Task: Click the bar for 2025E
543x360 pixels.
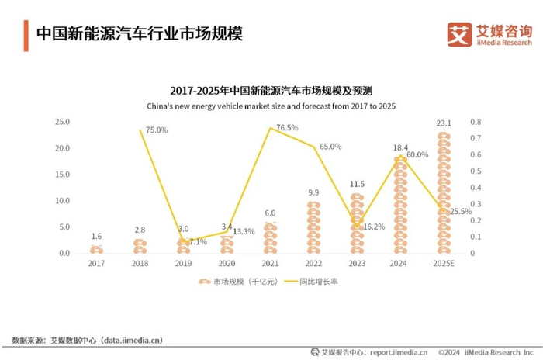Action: tap(444, 194)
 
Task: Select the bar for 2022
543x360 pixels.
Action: tap(313, 228)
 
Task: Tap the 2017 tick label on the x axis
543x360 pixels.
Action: tap(96, 263)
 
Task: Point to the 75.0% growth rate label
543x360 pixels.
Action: tap(156, 130)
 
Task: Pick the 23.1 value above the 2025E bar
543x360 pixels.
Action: tap(444, 123)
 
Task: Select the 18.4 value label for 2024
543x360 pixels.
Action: tap(400, 147)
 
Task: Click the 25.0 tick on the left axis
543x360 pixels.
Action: tap(61, 122)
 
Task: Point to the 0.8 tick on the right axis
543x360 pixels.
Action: tap(476, 122)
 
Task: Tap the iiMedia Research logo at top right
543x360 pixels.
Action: tap(489, 33)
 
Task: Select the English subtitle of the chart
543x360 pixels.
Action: tap(271, 106)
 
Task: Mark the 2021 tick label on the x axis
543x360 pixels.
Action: tap(270, 263)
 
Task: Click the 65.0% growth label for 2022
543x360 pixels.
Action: tap(330, 146)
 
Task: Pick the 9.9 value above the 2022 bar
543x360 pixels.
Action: tap(313, 192)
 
